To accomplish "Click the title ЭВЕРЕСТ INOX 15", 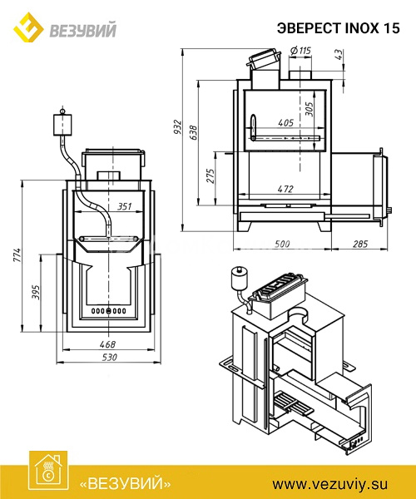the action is coord(338,28).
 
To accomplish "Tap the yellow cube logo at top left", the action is coord(28,27).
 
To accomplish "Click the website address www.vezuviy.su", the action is coord(330,484).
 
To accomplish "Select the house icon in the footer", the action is coord(48,470).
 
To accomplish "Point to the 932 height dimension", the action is coord(177,126).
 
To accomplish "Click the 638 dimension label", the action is coord(193,132).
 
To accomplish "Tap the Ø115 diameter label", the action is coord(301,51).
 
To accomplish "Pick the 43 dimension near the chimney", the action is coord(339,54).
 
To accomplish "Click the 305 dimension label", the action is coord(309,109).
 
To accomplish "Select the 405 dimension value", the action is coord(286,122).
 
